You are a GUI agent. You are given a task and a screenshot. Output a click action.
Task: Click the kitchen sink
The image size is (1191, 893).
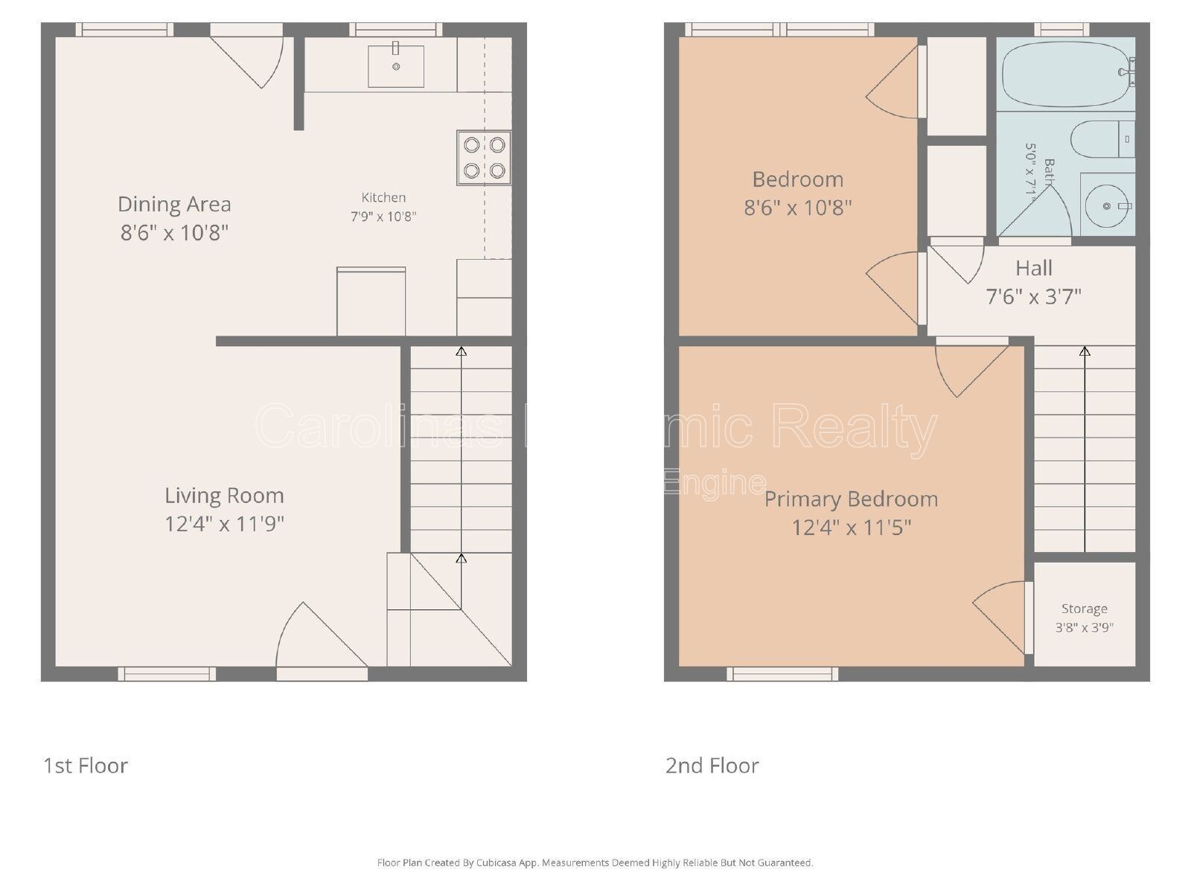click(x=396, y=66)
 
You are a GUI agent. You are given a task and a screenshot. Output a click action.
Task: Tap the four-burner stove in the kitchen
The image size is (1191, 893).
click(x=484, y=158)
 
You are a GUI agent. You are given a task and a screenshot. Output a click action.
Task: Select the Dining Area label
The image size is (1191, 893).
click(x=174, y=204)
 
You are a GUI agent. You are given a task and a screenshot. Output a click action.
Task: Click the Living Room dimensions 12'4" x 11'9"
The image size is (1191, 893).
click(x=224, y=524)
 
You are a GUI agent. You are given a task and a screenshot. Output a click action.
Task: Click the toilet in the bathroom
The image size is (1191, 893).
click(x=1102, y=139)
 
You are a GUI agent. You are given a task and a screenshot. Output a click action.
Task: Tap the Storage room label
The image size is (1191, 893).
click(x=1084, y=609)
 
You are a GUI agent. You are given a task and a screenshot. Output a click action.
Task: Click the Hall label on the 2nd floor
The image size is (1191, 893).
click(x=1034, y=268)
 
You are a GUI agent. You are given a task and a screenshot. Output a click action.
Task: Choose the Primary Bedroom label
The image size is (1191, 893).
click(x=851, y=499)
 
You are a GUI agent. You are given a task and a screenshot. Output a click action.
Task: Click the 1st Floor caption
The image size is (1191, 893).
click(x=86, y=766)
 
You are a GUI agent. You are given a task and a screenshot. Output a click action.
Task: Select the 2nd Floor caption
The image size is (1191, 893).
click(x=712, y=766)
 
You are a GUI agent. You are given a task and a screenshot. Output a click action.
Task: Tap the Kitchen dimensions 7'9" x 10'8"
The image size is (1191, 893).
click(x=383, y=217)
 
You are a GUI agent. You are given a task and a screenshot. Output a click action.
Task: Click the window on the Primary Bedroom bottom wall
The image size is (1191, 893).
click(x=782, y=673)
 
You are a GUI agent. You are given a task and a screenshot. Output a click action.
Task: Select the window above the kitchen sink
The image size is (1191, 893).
click(x=395, y=30)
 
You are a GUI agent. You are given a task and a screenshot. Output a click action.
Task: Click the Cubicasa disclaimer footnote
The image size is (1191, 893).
click(x=595, y=863)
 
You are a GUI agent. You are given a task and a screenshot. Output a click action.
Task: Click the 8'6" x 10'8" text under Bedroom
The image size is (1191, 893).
click(x=797, y=207)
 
